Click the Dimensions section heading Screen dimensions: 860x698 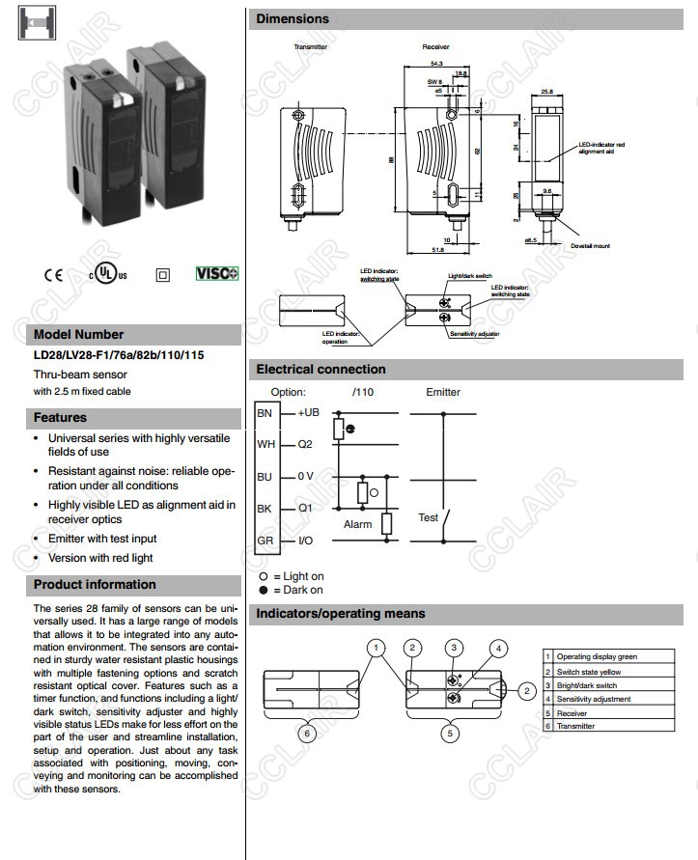pos(293,18)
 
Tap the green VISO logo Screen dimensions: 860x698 pos(216,273)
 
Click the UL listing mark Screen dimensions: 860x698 pos(107,274)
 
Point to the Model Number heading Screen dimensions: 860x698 pos(78,335)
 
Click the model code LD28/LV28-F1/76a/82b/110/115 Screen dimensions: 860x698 pos(119,355)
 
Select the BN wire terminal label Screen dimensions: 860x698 pos(265,413)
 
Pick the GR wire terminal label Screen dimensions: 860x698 pos(265,541)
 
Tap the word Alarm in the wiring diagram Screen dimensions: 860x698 pos(358,524)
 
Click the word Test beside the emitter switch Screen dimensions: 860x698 pos(428,517)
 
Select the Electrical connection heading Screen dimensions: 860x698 pos(321,369)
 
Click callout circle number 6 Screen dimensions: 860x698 pos(306,734)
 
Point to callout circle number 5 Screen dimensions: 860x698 pos(450,734)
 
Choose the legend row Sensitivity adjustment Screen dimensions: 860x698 pos(593,699)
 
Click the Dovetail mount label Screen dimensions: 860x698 pos(590,246)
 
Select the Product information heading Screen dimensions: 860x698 pos(95,584)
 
